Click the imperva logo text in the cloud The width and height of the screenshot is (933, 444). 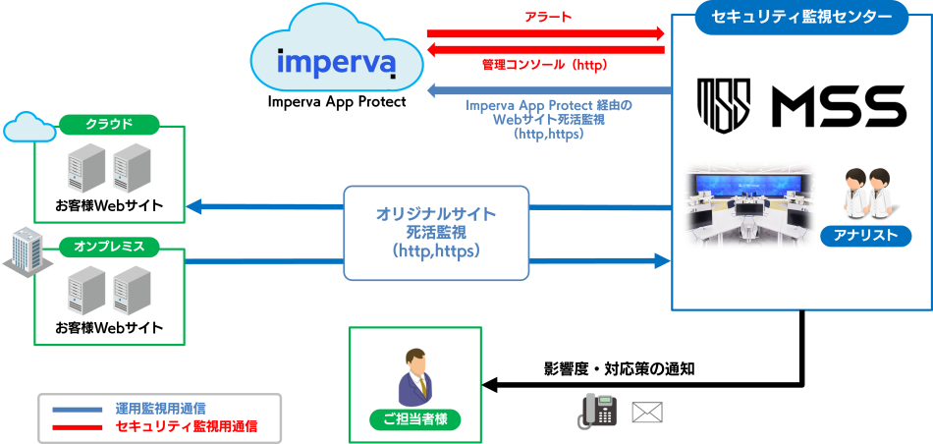(x=336, y=61)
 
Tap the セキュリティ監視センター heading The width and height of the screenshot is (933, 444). (x=801, y=18)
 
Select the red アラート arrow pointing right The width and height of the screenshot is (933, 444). (x=545, y=33)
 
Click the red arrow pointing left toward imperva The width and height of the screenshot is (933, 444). (x=545, y=49)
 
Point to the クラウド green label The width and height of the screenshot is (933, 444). (x=109, y=125)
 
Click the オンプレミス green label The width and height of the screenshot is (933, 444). (x=109, y=246)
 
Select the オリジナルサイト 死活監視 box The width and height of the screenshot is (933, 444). (x=436, y=233)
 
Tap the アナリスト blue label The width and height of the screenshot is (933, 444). (x=865, y=236)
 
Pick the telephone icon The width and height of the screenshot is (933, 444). (x=597, y=410)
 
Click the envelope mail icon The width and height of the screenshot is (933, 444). (x=647, y=412)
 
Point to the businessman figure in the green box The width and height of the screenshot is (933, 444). (x=414, y=376)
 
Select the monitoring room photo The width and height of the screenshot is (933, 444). (x=749, y=204)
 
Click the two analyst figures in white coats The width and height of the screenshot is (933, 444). (x=866, y=192)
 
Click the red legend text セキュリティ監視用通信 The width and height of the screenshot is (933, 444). (x=187, y=426)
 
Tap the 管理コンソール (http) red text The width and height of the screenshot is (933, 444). (x=544, y=66)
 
